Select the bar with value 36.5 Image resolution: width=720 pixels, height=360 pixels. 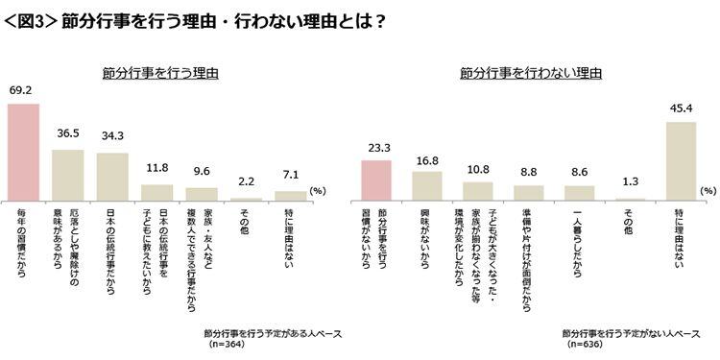click(x=67, y=175)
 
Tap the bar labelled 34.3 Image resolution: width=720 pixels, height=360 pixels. click(x=112, y=177)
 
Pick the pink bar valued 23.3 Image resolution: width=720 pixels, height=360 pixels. click(x=375, y=180)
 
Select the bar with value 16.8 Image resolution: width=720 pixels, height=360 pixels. click(x=426, y=185)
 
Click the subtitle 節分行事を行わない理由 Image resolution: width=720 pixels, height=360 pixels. click(x=530, y=72)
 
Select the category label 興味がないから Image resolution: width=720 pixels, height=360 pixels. click(x=426, y=236)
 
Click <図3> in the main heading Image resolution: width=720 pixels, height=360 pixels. click(x=31, y=20)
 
